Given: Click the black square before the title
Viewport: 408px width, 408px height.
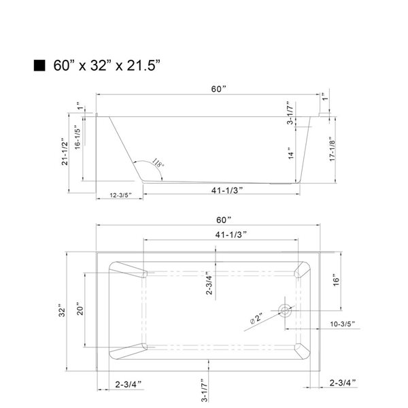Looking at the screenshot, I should [x=39, y=66].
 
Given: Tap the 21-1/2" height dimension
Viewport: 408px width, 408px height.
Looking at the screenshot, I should [x=65, y=152].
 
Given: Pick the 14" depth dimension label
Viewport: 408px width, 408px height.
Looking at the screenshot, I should [x=290, y=154].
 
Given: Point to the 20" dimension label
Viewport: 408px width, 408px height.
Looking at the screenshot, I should [x=80, y=312].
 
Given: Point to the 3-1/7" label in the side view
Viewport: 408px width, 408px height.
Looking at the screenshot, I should [x=290, y=114].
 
